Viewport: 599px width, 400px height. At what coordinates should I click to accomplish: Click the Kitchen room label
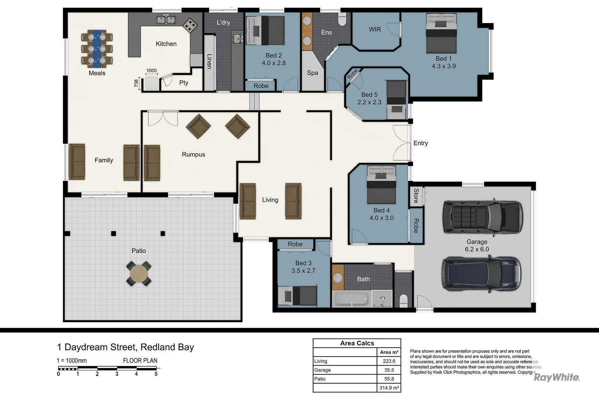[x=166, y=44]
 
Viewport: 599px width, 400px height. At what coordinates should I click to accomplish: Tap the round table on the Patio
[x=139, y=274]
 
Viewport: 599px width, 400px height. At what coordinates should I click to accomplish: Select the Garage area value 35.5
[x=389, y=370]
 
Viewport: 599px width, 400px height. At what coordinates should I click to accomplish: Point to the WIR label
[x=375, y=29]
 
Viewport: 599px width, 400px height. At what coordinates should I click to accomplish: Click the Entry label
[x=421, y=143]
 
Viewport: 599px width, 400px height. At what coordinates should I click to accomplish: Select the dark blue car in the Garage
[x=481, y=274]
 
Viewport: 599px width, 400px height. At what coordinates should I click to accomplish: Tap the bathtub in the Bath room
[x=351, y=299]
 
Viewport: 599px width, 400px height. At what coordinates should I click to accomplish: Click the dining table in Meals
[x=97, y=49]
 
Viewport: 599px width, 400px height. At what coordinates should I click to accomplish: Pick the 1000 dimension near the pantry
[x=151, y=70]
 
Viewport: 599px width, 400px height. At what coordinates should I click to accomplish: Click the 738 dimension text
[x=136, y=83]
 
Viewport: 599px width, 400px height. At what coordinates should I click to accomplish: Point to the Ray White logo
[x=556, y=377]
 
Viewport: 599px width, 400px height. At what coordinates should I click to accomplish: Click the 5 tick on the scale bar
[x=156, y=374]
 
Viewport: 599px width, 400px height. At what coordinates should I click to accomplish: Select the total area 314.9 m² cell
[x=389, y=388]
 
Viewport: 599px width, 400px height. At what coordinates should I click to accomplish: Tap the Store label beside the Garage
[x=416, y=196]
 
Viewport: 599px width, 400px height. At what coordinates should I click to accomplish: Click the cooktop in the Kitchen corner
[x=190, y=25]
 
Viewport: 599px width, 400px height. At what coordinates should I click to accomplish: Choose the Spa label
[x=312, y=73]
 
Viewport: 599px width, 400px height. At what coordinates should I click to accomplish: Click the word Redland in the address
[x=158, y=347]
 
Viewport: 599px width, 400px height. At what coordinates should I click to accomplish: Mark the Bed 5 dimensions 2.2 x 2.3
[x=369, y=102]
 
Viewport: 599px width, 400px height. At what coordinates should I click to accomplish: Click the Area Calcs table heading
[x=357, y=343]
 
